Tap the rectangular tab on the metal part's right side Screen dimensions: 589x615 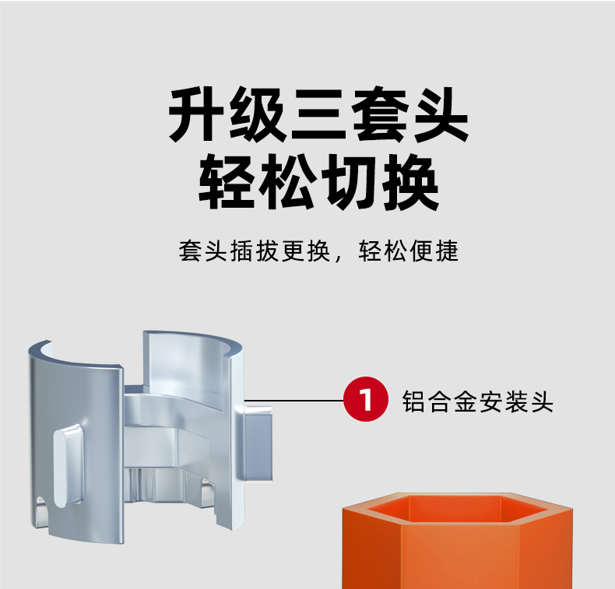(261, 447)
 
